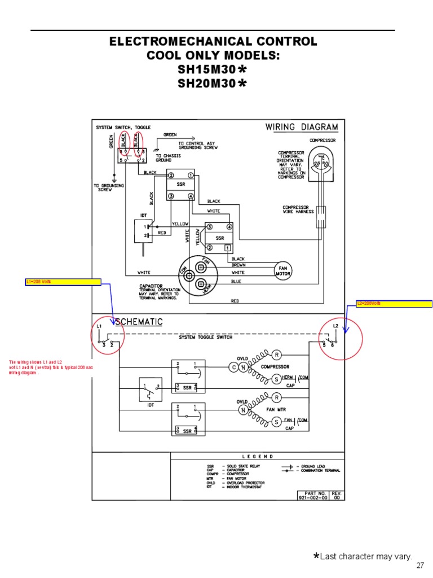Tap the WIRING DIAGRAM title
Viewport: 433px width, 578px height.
(302, 127)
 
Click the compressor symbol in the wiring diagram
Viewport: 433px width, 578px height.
(322, 163)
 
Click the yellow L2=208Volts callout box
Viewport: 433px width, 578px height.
(394, 304)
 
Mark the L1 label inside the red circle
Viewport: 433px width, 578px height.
(99, 327)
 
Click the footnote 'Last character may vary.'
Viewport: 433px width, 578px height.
(366, 557)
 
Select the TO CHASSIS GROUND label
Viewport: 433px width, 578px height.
(167, 157)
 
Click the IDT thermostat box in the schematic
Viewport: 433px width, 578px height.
(150, 389)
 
